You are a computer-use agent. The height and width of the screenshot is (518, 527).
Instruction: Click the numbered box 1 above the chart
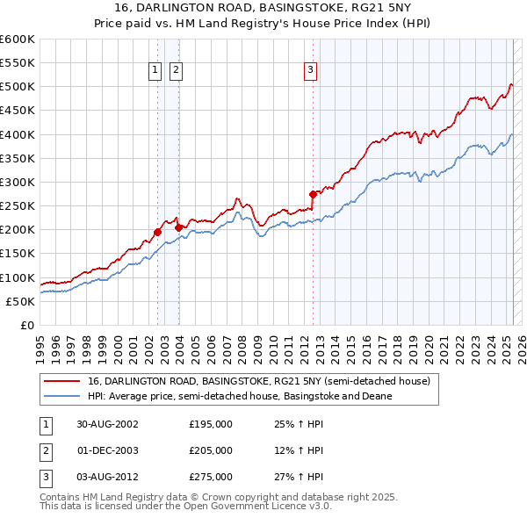tap(155, 71)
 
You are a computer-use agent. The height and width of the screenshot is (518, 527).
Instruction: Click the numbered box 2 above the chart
tap(176, 71)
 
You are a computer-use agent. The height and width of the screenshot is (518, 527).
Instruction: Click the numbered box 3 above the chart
tap(311, 71)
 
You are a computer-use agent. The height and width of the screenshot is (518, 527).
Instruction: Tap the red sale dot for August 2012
tap(313, 194)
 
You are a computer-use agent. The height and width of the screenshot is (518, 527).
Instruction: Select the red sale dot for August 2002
tap(158, 232)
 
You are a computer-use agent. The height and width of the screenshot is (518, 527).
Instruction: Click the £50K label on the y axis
tap(21, 301)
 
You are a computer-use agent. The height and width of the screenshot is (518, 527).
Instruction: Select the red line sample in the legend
tap(61, 382)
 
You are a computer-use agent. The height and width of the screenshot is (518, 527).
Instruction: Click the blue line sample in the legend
tap(61, 396)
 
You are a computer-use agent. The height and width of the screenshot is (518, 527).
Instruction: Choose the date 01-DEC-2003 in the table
tap(107, 450)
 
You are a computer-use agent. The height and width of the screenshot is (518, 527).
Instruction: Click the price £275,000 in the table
tap(211, 478)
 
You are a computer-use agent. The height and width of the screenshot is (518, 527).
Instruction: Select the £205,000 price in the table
tap(211, 450)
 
